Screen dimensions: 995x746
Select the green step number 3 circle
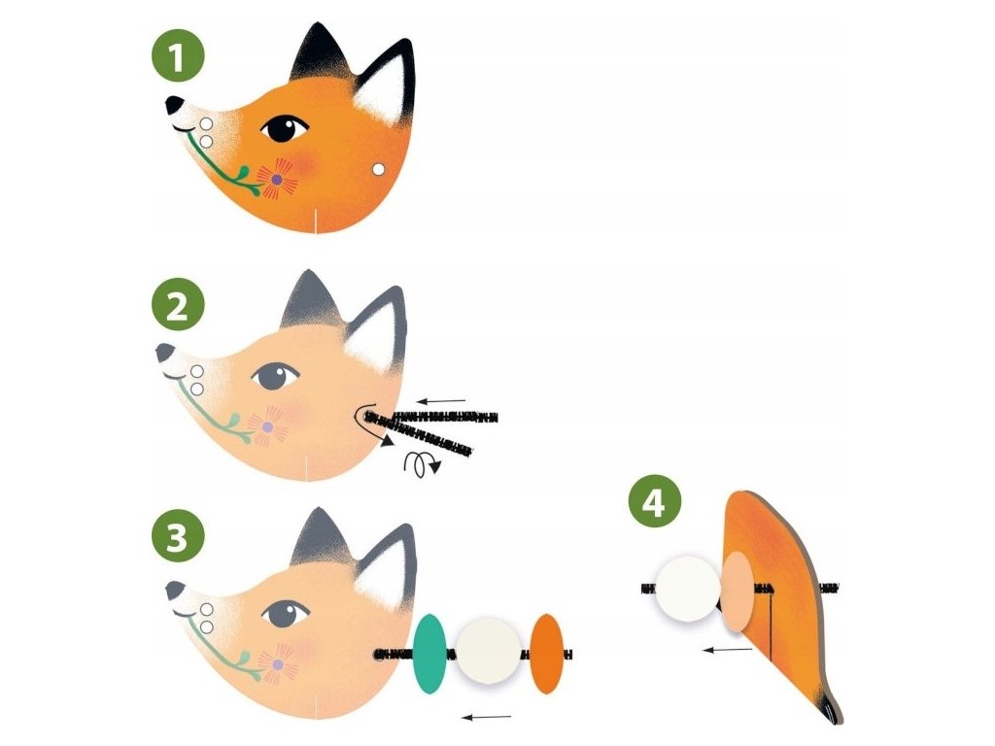pyautogui.click(x=179, y=538)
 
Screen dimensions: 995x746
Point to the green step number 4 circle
pyautogui.click(x=655, y=502)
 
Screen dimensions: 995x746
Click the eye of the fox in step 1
pyautogui.click(x=285, y=129)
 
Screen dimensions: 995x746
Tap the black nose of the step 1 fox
pyautogui.click(x=174, y=105)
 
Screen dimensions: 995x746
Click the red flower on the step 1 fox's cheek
pyautogui.click(x=277, y=180)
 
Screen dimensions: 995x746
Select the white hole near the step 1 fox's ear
pyautogui.click(x=378, y=169)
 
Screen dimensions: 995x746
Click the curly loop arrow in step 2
pyautogui.click(x=420, y=463)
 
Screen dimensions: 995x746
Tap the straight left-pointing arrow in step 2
pyautogui.click(x=442, y=401)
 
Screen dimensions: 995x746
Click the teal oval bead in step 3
pyautogui.click(x=429, y=654)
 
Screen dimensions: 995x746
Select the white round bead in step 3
pyautogui.click(x=488, y=650)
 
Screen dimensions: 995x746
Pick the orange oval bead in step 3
pyautogui.click(x=546, y=654)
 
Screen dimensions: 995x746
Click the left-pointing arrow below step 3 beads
pyautogui.click(x=486, y=718)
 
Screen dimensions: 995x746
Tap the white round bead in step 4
pyautogui.click(x=688, y=588)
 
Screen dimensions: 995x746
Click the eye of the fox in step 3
pyautogui.click(x=286, y=614)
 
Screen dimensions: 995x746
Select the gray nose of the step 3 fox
pyautogui.click(x=175, y=590)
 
